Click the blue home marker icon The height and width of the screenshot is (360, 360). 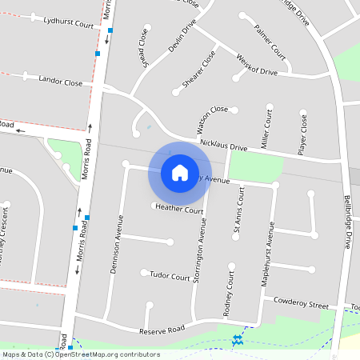[179, 172]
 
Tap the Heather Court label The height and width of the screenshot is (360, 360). [179, 209]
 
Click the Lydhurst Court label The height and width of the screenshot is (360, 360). [69, 24]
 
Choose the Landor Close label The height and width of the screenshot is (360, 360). [61, 82]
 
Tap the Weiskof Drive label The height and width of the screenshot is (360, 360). [257, 66]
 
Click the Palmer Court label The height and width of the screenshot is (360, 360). [270, 42]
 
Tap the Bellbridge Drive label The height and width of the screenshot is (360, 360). [347, 221]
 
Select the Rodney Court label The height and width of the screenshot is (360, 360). [228, 293]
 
